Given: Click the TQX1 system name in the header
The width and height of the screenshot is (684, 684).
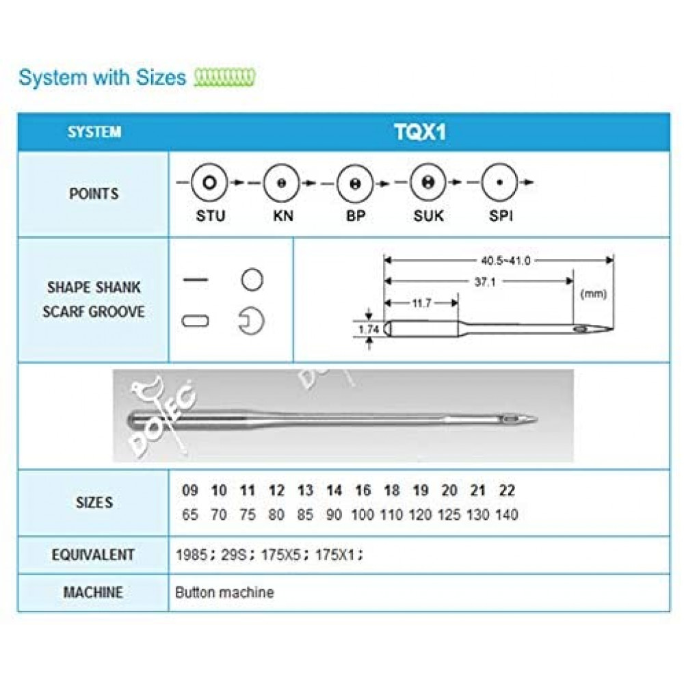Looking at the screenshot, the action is (x=420, y=132).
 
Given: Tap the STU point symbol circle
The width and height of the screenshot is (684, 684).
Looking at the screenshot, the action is (x=209, y=183).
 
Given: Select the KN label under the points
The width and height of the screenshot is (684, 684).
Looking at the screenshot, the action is (x=283, y=215).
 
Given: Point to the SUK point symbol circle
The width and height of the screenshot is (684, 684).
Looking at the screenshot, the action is (x=428, y=183).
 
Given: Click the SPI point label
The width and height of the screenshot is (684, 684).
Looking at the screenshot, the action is (x=501, y=215).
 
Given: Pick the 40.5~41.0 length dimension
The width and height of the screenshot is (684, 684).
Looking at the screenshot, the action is (x=505, y=261).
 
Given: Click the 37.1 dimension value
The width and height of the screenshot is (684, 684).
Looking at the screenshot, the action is (x=485, y=282).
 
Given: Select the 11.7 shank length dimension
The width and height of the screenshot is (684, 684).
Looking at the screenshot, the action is (x=422, y=303).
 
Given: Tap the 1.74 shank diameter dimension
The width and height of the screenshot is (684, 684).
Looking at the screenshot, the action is (x=369, y=329).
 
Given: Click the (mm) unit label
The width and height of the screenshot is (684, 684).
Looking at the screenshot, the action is (x=593, y=293).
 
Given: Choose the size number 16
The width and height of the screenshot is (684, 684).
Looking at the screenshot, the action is (x=363, y=490).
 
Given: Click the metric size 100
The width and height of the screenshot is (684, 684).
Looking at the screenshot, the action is (x=363, y=515).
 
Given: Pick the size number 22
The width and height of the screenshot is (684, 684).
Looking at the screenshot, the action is (x=507, y=490).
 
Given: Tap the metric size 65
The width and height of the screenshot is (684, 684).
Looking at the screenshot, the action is (x=189, y=515).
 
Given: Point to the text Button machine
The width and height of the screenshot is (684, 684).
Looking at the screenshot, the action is (x=224, y=592).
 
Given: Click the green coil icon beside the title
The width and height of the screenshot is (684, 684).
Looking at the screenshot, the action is (x=224, y=78).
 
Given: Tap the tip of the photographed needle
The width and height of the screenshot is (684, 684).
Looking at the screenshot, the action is (x=537, y=420).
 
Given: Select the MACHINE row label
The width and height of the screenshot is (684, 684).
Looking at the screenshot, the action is (x=93, y=592).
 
